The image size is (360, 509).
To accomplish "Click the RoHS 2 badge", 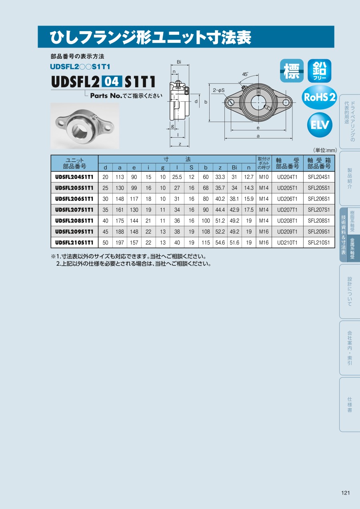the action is [319, 97].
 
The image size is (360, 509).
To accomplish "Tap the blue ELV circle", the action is [320, 125].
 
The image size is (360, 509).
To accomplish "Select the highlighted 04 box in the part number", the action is [112, 81].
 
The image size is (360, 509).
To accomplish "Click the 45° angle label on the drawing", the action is [245, 74].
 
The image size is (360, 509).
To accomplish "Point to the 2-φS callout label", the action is [218, 90].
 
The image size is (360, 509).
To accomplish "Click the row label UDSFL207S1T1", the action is [74, 210].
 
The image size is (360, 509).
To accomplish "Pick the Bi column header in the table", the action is [234, 168].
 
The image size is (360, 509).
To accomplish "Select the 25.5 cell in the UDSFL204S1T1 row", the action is [177, 177].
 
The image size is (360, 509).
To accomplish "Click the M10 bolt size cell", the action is [264, 177].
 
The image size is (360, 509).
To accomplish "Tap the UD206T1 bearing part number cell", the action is [287, 199].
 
